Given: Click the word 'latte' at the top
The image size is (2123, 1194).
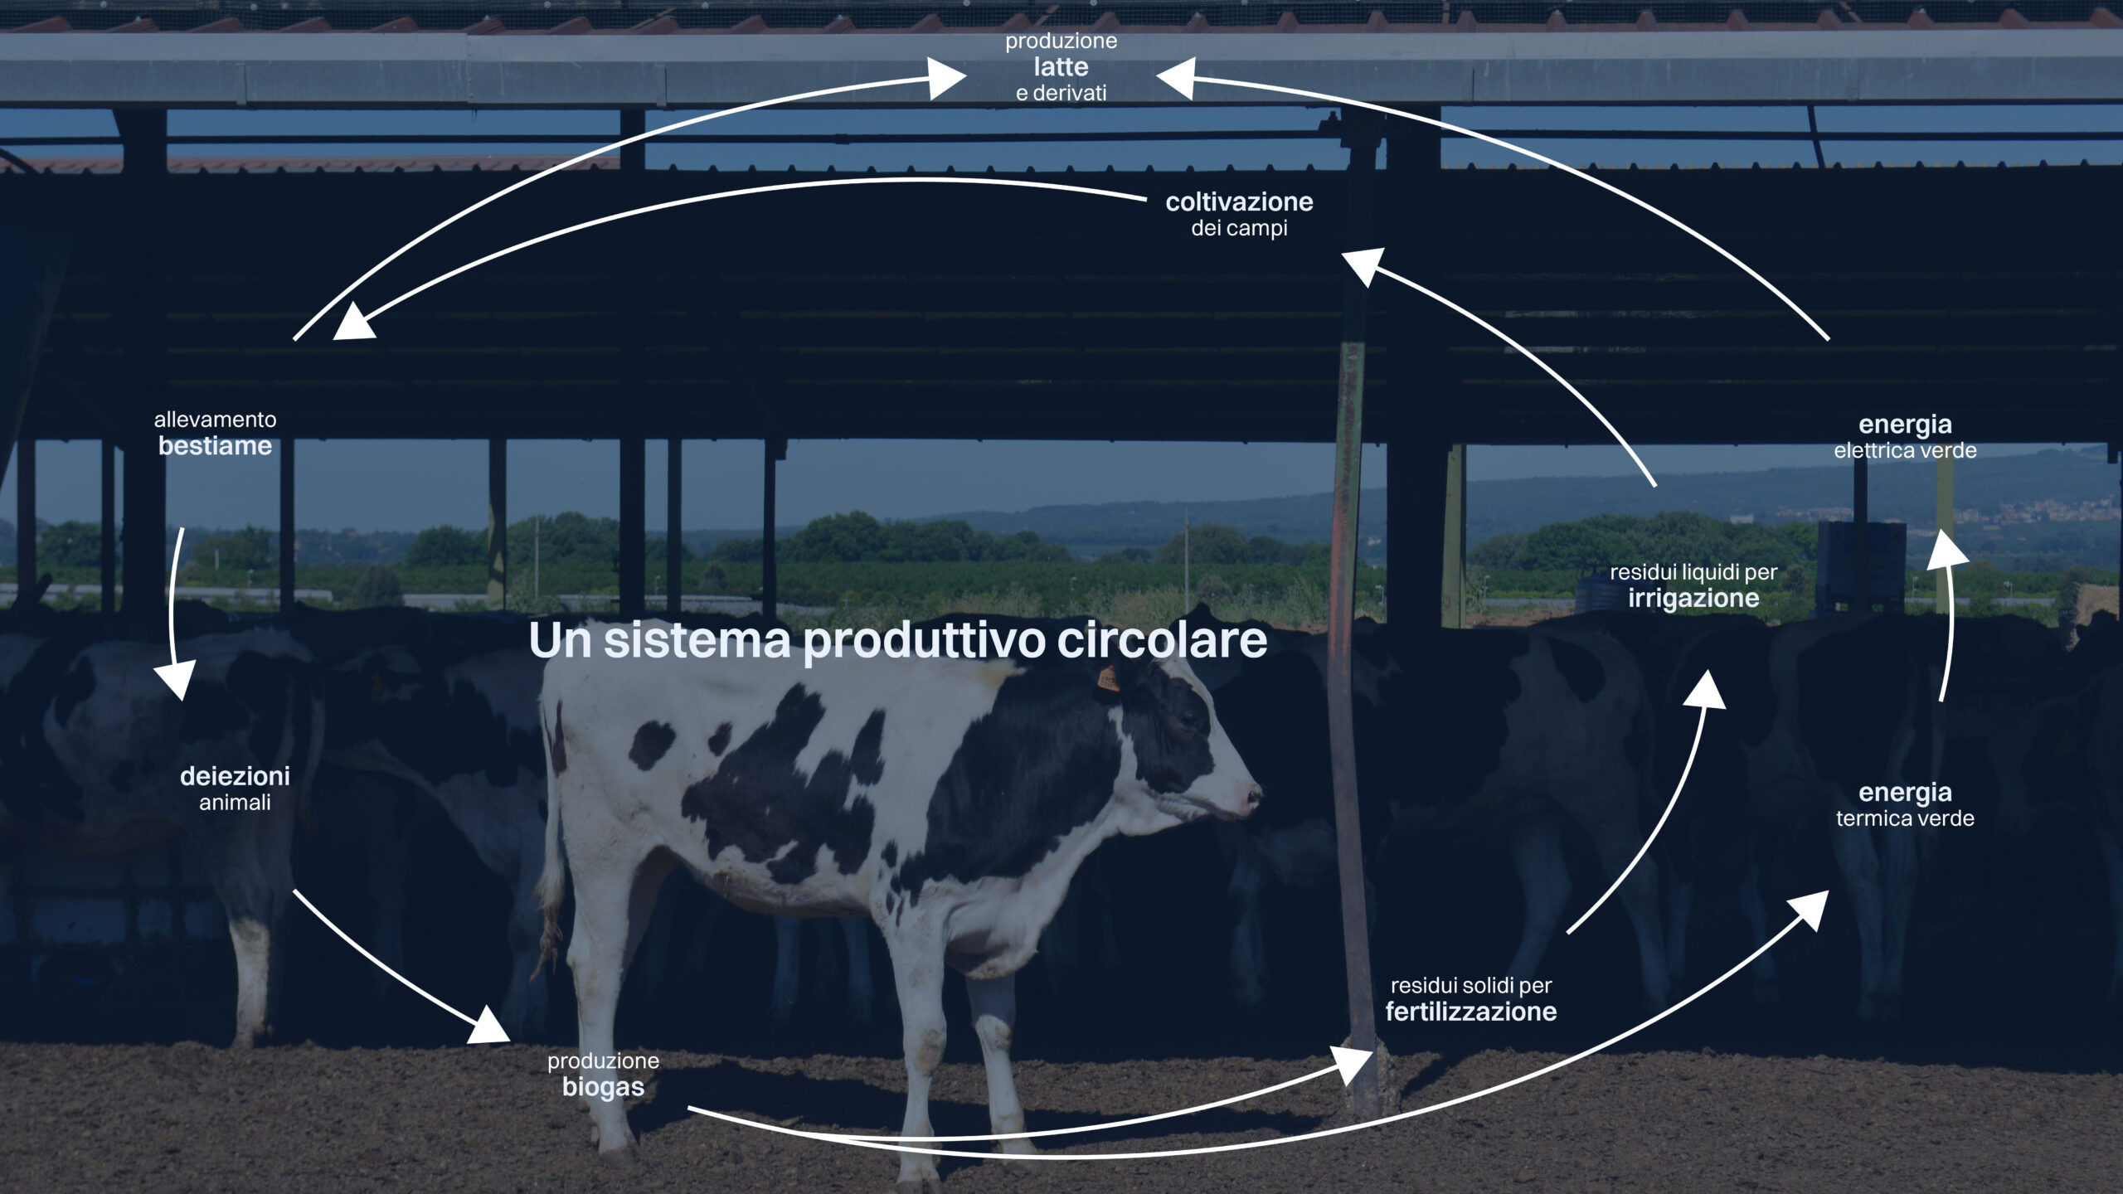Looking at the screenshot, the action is pyautogui.click(x=1061, y=66).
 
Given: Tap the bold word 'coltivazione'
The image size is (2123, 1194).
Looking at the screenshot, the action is pyautogui.click(x=1239, y=201).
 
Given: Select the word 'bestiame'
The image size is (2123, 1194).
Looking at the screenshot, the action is pyautogui.click(x=215, y=446).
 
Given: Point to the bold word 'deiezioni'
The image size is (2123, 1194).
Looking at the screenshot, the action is pyautogui.click(x=235, y=776).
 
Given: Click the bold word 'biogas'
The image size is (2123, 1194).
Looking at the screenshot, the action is pyautogui.click(x=603, y=1087).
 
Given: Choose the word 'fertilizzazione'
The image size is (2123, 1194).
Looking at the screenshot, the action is pyautogui.click(x=1470, y=1012).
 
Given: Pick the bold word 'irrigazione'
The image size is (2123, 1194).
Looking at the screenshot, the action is pyautogui.click(x=1693, y=598).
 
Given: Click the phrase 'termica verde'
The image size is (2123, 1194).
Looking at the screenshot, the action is pyautogui.click(x=1905, y=818).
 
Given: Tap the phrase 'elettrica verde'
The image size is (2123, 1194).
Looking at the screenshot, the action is pyautogui.click(x=1905, y=450).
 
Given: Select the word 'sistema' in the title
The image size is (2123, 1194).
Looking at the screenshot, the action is pyautogui.click(x=697, y=640).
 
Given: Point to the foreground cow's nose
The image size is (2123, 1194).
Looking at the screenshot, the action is pyautogui.click(x=1252, y=799).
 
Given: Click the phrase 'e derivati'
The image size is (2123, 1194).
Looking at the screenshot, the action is pyautogui.click(x=1061, y=93).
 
